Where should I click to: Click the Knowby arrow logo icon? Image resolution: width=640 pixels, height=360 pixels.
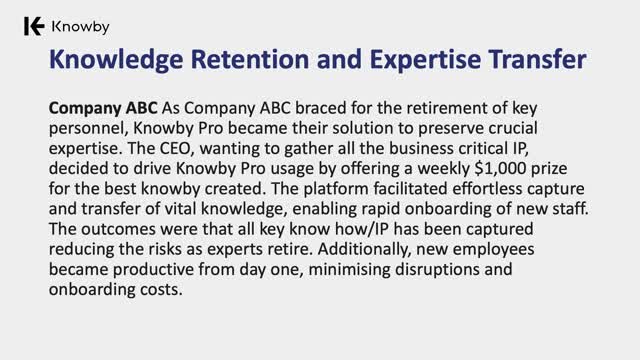coord(34,27)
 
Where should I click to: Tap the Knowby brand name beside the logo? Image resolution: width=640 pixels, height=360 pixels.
coord(80,27)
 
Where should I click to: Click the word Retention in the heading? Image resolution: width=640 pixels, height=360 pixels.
coord(249,59)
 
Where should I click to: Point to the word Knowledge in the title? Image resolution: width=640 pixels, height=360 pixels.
coord(116,60)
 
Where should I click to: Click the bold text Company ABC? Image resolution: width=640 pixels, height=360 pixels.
coord(103,109)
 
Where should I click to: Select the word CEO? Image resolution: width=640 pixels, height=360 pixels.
coord(175,148)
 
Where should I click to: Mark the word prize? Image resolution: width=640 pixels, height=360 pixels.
coord(549,169)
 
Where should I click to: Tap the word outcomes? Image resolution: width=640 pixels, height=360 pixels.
coord(118,229)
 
